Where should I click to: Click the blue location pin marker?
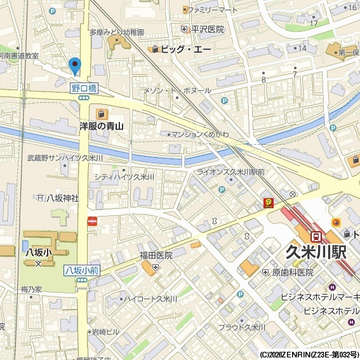[x=75, y=65]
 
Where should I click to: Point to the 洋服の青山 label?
[x=102, y=126]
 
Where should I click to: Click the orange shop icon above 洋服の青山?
[x=102, y=113]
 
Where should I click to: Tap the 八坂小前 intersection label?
[x=82, y=270]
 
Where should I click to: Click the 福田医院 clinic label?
[x=156, y=255]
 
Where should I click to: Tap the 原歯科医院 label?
[x=293, y=272]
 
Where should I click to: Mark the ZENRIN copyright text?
[x=309, y=354]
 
